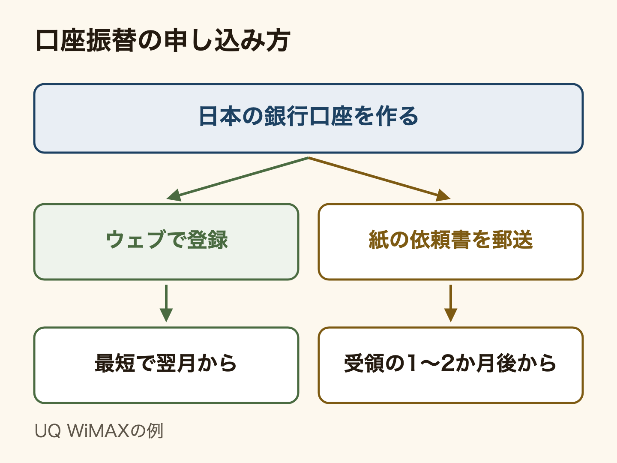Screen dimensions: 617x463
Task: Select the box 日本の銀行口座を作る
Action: (308, 118)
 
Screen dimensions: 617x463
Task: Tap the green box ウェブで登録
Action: (166, 242)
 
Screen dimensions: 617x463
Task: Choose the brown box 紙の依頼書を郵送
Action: (451, 242)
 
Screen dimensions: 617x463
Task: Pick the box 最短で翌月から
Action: (166, 365)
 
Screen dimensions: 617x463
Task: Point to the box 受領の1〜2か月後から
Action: (451, 365)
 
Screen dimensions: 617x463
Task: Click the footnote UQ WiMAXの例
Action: (99, 431)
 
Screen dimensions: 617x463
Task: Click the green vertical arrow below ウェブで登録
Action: (166, 304)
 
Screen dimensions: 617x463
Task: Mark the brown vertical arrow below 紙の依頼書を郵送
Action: (451, 304)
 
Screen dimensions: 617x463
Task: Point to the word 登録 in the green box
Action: (207, 240)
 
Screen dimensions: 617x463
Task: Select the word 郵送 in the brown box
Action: (512, 240)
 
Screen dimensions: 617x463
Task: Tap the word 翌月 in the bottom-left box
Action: (176, 363)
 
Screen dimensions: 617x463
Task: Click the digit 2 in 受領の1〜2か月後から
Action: (448, 363)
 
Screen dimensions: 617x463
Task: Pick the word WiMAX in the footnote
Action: (98, 431)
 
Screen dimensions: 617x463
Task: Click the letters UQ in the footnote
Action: (48, 431)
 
